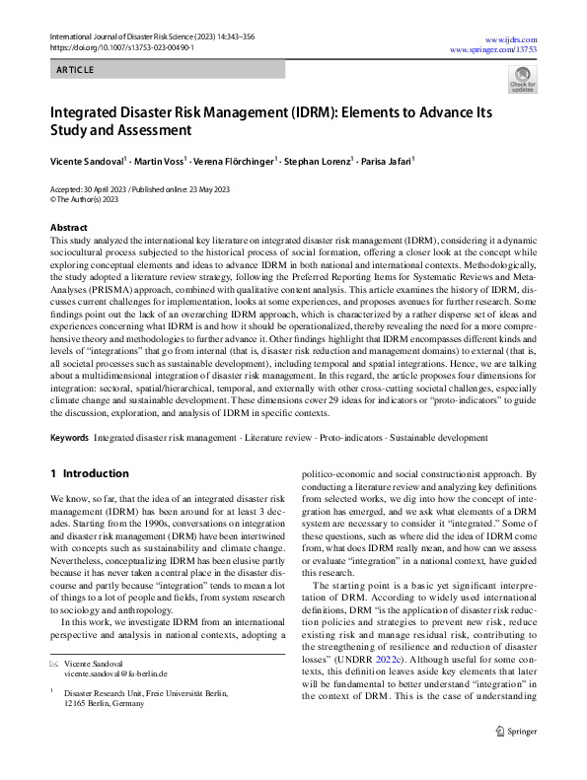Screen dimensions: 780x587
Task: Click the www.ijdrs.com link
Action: click(510, 35)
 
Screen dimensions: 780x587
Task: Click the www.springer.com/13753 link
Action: click(493, 47)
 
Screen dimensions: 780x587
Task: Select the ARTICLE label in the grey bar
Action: click(75, 70)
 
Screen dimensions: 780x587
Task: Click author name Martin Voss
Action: click(160, 159)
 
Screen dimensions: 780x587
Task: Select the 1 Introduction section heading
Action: click(90, 474)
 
